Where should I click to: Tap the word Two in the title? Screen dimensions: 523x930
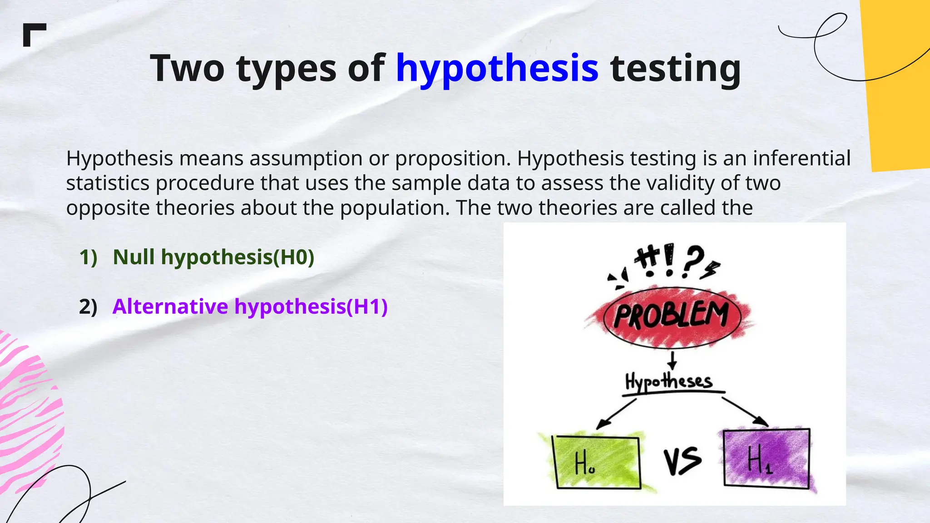[x=187, y=68]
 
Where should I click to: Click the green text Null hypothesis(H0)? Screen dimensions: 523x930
[x=213, y=257]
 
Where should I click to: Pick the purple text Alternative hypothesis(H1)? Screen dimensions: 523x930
[x=250, y=306]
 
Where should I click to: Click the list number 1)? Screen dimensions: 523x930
[x=88, y=257]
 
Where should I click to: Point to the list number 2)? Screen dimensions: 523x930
[x=88, y=307]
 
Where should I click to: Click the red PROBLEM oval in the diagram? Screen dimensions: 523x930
[x=672, y=316]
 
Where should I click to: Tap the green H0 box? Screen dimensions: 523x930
[x=597, y=463]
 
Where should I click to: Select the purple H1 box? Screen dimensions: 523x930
[x=766, y=458]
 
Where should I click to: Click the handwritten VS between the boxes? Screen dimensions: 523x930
[x=682, y=461]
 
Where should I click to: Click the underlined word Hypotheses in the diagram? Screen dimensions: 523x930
[x=668, y=381]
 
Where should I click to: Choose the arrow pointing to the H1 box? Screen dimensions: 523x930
[x=745, y=411]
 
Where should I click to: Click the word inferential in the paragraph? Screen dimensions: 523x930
[x=801, y=158]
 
